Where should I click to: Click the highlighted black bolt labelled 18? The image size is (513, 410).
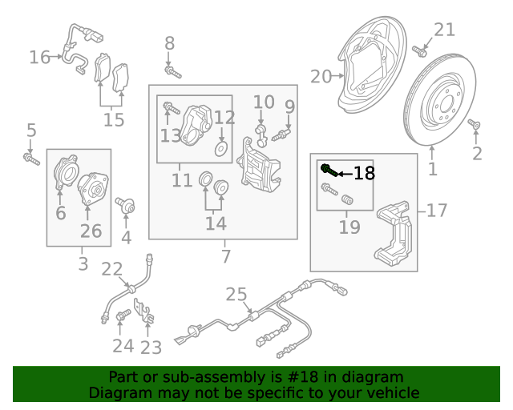pyautogui.click(x=327, y=170)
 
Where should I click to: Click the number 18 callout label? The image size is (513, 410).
pyautogui.click(x=363, y=173)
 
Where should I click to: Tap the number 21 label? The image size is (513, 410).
pyautogui.click(x=444, y=30)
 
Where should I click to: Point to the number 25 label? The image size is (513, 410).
pyautogui.click(x=236, y=295)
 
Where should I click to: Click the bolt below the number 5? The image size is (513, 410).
pyautogui.click(x=31, y=160)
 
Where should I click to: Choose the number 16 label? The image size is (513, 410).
pyautogui.click(x=39, y=57)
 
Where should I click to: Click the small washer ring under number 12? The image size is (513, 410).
pyautogui.click(x=221, y=148)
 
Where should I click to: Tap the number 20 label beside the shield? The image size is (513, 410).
pyautogui.click(x=321, y=77)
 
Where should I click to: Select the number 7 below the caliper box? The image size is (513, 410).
pyautogui.click(x=226, y=256)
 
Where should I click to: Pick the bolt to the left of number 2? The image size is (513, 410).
pyautogui.click(x=473, y=125)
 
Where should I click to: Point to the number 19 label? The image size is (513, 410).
pyautogui.click(x=349, y=227)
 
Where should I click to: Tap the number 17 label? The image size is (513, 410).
pyautogui.click(x=436, y=211)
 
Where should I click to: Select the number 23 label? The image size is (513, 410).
pyautogui.click(x=151, y=348)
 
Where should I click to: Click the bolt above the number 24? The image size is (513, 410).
pyautogui.click(x=123, y=317)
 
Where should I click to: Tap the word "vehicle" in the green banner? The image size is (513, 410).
pyautogui.click(x=393, y=393)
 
